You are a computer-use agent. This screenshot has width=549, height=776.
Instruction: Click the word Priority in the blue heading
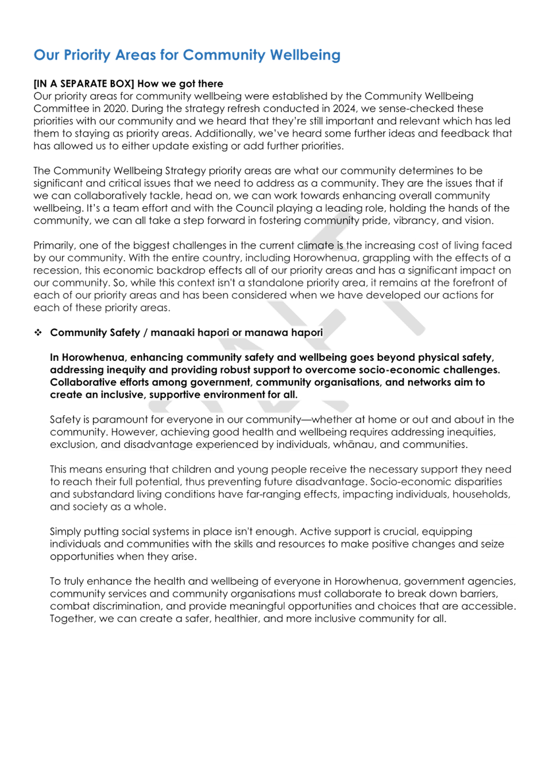(x=87, y=55)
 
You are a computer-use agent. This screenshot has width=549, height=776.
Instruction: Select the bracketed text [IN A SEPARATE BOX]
(x=84, y=84)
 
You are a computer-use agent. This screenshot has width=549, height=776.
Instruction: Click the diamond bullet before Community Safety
(x=38, y=333)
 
